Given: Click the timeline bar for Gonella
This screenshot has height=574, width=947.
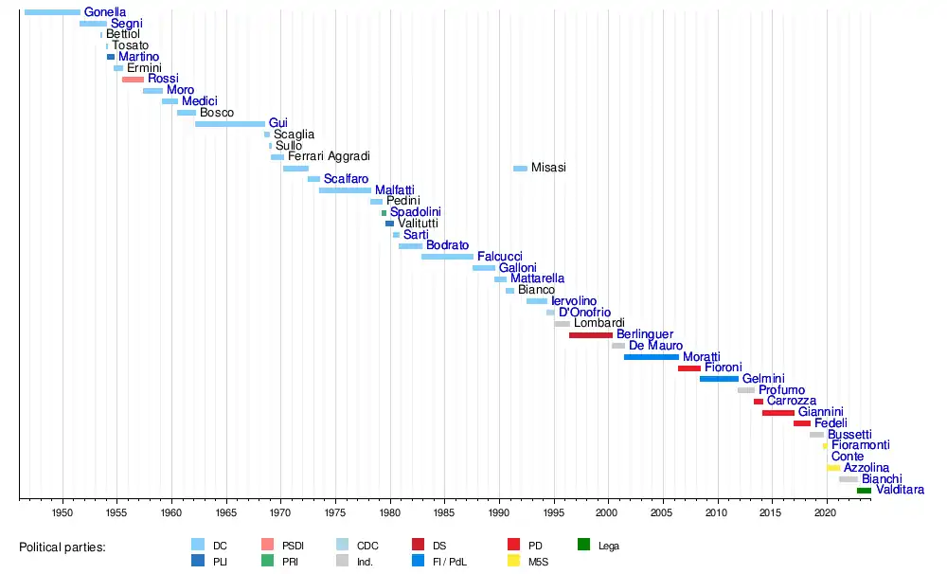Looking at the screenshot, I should click(x=52, y=11).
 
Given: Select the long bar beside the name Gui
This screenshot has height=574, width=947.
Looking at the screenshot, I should click(x=230, y=123).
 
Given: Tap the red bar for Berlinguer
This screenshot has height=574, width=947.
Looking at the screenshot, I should click(x=591, y=334).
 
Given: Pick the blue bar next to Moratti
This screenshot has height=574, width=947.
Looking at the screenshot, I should click(x=651, y=357).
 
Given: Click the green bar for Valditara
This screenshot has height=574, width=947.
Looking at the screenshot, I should click(x=864, y=491).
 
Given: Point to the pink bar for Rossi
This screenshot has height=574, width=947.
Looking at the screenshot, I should click(x=133, y=79).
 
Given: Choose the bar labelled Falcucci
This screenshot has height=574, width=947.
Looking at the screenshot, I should click(x=447, y=257).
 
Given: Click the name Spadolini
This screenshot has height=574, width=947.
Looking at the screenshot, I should click(x=415, y=212).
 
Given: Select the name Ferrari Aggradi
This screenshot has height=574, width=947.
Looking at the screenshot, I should click(x=329, y=156).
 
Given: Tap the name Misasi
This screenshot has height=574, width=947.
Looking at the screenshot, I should click(x=548, y=168).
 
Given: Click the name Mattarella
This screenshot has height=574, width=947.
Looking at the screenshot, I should click(x=537, y=279).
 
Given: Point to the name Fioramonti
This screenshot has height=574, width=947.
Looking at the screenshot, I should click(x=860, y=445).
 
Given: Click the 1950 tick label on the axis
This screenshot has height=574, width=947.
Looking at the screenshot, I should click(x=63, y=511).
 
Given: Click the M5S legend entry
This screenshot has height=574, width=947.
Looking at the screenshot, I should click(x=538, y=562).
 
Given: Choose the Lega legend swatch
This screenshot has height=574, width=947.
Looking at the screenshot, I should click(x=584, y=545).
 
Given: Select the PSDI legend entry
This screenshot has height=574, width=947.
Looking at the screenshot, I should click(x=293, y=546).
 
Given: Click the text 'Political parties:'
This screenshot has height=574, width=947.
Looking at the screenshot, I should click(x=63, y=547).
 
